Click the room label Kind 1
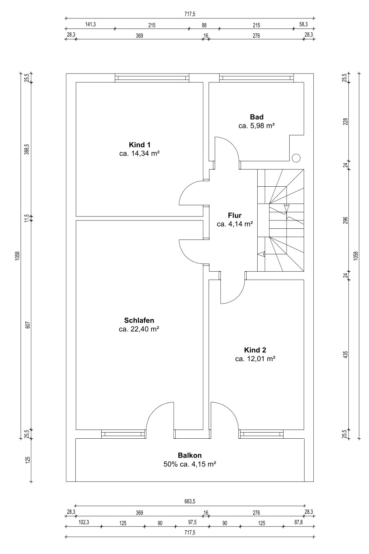[139, 145]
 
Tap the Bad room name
[257, 117]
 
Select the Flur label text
[235, 215]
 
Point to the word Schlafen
[139, 320]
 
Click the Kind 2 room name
[255, 350]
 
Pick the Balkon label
[190, 455]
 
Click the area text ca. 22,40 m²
[139, 329]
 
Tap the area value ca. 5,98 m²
[257, 126]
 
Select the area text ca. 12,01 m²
[255, 359]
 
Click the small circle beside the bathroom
[296, 157]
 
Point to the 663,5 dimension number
[190, 501]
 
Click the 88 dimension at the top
[204, 25]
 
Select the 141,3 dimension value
[90, 24]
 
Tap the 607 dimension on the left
[28, 325]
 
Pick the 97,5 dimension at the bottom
[192, 522]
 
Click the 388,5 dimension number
[28, 149]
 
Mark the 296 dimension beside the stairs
[346, 220]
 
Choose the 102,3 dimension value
[84, 522]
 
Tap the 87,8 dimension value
[298, 522]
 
